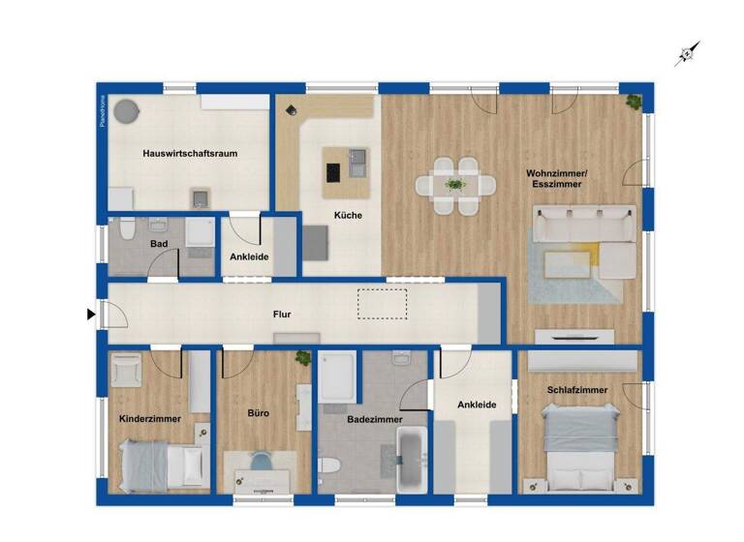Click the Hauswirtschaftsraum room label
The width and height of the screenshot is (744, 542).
[x=190, y=153]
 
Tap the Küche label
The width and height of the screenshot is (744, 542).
[x=348, y=215]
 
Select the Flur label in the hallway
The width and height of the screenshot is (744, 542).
[x=282, y=314]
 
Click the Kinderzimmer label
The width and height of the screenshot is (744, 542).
[x=149, y=419]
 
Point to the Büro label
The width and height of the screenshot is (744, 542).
[x=258, y=413]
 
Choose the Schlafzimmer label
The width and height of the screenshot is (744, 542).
[x=577, y=390]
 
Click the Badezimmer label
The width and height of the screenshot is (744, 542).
[x=375, y=419]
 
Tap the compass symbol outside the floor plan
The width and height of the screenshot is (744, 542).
[x=688, y=54]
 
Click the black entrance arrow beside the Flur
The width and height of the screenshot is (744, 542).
[x=91, y=314]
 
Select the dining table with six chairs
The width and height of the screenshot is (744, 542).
[x=454, y=185]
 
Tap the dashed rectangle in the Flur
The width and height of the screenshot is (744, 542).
[x=384, y=304]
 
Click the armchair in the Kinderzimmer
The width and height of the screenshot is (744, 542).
[x=128, y=370]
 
